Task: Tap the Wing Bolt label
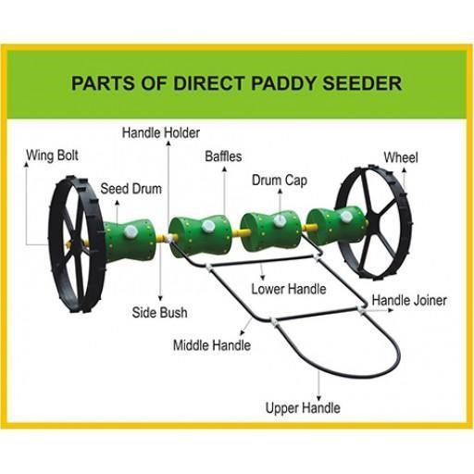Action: [x=52, y=156]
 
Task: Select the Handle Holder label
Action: [x=161, y=133]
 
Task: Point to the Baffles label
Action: [x=223, y=156]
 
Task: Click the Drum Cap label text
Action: [x=280, y=181]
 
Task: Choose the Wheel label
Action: [x=401, y=157]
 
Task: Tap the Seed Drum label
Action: [x=131, y=189]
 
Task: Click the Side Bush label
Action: [x=159, y=312]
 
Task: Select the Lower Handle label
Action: [x=289, y=289]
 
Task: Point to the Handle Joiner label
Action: [x=409, y=300]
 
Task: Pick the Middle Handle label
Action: [x=212, y=345]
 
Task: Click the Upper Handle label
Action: [x=303, y=407]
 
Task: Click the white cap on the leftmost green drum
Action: [x=131, y=231]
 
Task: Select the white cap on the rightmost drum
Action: [x=346, y=217]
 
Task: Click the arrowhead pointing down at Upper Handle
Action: [x=319, y=398]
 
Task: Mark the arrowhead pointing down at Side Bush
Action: [x=160, y=298]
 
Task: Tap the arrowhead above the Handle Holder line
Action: [x=168, y=143]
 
